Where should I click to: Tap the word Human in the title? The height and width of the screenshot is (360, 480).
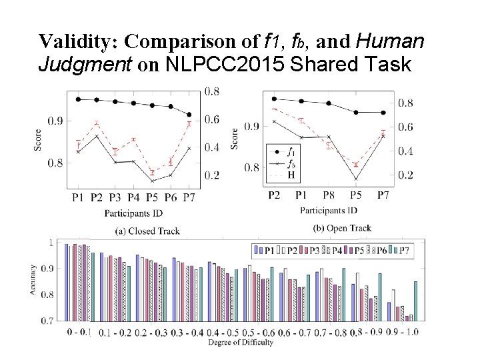point(390,42)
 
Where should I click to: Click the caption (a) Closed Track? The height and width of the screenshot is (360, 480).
point(147,231)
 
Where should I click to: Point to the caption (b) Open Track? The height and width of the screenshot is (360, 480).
point(342,228)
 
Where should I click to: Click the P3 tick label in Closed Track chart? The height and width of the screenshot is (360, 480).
point(115,197)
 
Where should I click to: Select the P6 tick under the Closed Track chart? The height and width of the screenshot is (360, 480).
point(171,197)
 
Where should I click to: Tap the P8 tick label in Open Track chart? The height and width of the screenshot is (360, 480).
point(329,195)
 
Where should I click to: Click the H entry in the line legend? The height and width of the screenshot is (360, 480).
point(290,175)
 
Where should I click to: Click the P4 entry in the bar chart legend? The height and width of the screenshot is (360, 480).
point(339,251)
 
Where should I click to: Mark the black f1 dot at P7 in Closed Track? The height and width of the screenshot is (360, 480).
point(189,115)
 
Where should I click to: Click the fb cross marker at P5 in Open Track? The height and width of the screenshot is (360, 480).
point(356,179)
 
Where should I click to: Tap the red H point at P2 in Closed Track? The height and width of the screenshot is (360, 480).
point(97,123)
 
